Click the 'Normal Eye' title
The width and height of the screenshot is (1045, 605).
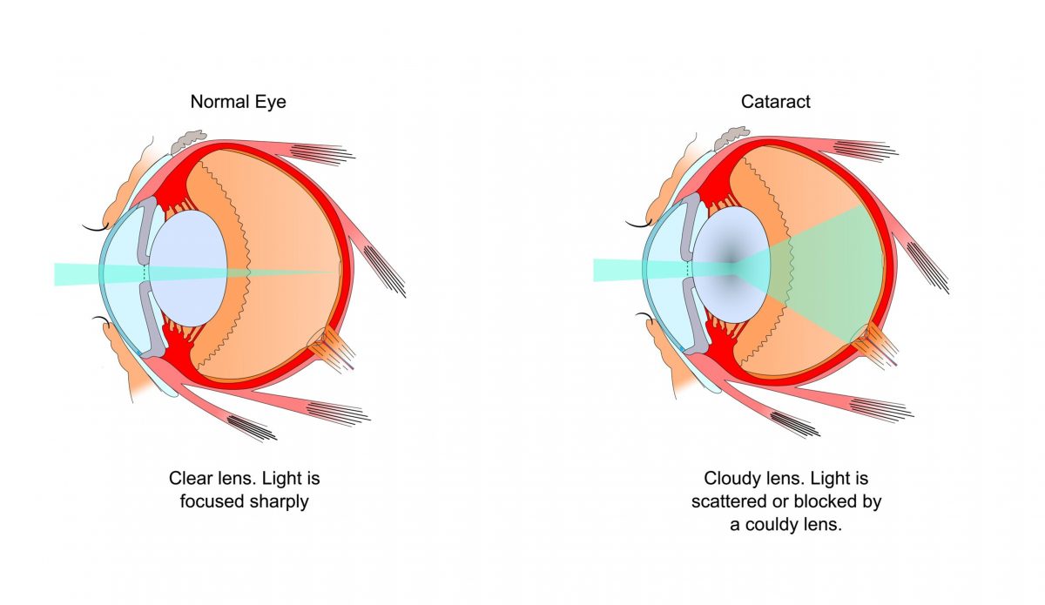click(238, 102)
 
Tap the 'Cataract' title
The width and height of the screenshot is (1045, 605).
click(775, 102)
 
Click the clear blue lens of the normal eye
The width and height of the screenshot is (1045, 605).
click(188, 268)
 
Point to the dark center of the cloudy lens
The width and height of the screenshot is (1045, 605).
click(731, 258)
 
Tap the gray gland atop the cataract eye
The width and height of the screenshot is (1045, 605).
click(731, 138)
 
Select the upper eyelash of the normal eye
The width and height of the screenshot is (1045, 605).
click(96, 228)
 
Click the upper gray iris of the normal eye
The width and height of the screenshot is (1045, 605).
click(147, 230)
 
